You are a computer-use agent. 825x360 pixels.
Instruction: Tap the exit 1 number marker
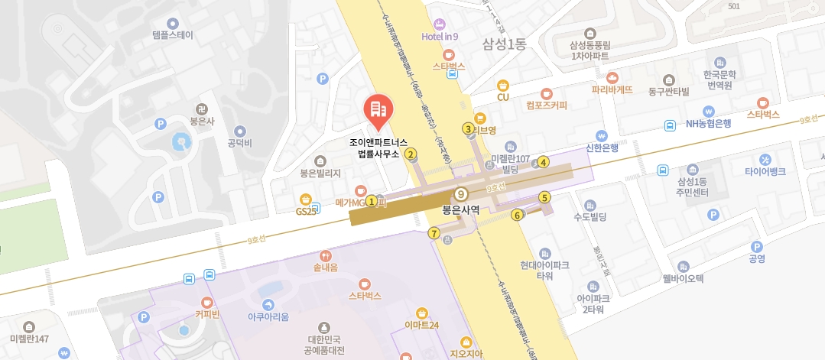(372, 202)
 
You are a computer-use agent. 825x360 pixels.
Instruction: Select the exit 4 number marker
(544, 162)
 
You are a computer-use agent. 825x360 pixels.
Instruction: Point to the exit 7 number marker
(434, 233)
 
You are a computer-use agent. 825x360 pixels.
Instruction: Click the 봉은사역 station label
(461, 208)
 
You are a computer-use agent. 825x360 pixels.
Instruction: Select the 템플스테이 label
(173, 35)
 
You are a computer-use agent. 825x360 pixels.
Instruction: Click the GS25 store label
(307, 211)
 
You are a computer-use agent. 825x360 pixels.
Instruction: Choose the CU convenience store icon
(503, 86)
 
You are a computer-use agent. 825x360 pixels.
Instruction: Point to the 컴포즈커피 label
(547, 105)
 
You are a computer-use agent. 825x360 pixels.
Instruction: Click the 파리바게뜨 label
(612, 89)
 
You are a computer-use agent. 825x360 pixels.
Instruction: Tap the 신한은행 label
(601, 148)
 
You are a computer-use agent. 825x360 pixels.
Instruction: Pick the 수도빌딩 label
(590, 217)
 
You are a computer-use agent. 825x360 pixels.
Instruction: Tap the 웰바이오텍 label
(683, 278)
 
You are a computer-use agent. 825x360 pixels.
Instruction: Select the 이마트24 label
(422, 325)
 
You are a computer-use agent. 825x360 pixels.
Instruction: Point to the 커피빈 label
(207, 314)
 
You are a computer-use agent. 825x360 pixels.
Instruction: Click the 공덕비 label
(240, 143)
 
